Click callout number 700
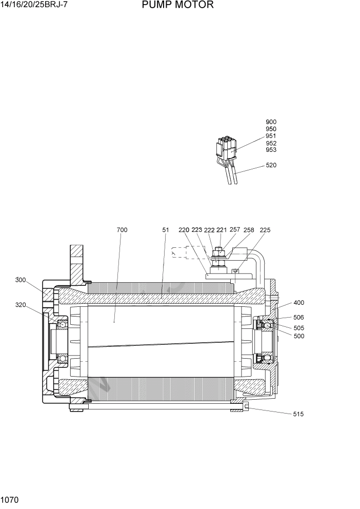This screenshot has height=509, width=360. click(122, 230)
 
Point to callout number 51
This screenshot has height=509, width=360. click(165, 230)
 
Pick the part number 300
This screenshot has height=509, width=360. click(21, 280)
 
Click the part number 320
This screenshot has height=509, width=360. click(21, 304)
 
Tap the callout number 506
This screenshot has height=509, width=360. click(298, 318)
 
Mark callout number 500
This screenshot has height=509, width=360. click(298, 336)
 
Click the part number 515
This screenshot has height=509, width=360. click(298, 414)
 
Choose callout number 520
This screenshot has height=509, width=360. click(271, 165)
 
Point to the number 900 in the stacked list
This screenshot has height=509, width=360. click(271, 122)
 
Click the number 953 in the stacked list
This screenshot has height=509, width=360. click(271, 150)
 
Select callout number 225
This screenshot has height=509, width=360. click(265, 230)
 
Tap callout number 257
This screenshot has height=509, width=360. click(235, 229)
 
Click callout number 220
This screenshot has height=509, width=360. click(184, 230)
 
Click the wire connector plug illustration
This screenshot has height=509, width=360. click(226, 149)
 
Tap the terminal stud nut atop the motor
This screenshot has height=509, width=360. click(219, 252)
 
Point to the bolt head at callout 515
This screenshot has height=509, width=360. click(247, 407)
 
